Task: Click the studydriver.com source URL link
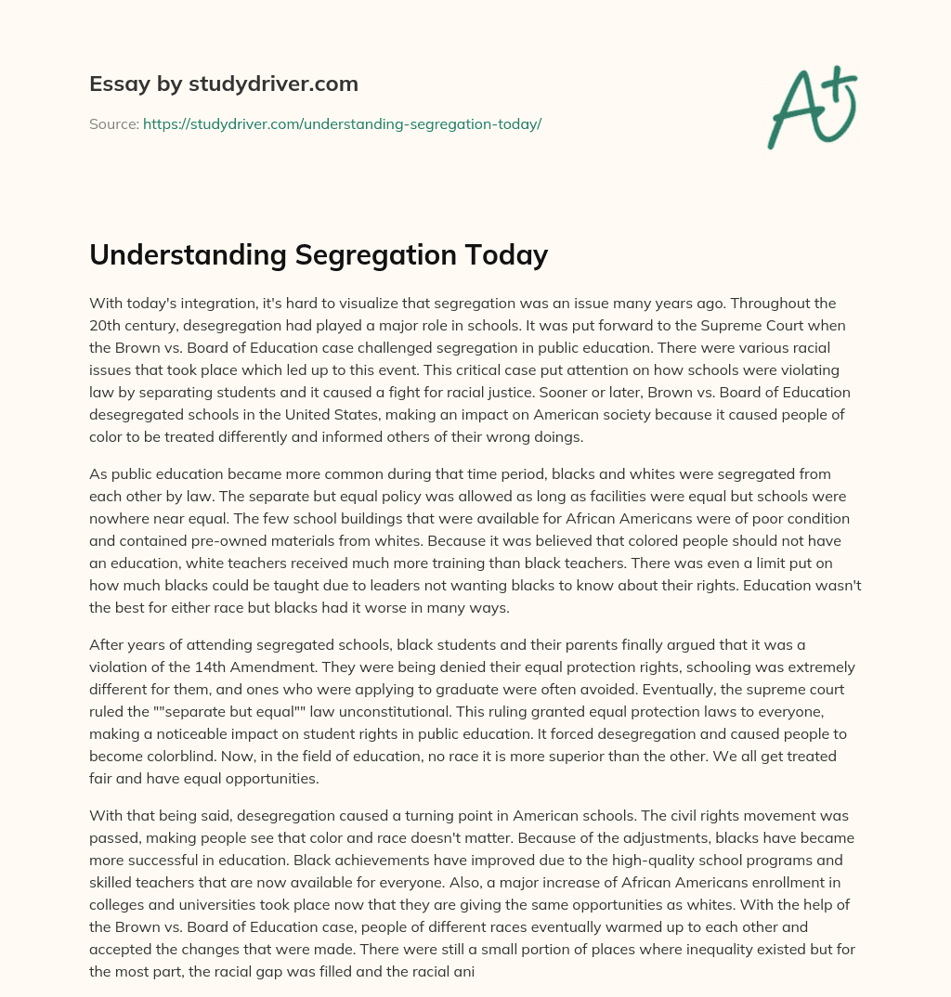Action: pyautogui.click(x=342, y=123)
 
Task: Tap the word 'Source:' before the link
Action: pyautogui.click(x=114, y=123)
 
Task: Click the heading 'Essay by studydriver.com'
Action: pyautogui.click(x=224, y=84)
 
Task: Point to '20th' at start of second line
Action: pyautogui.click(x=105, y=326)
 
